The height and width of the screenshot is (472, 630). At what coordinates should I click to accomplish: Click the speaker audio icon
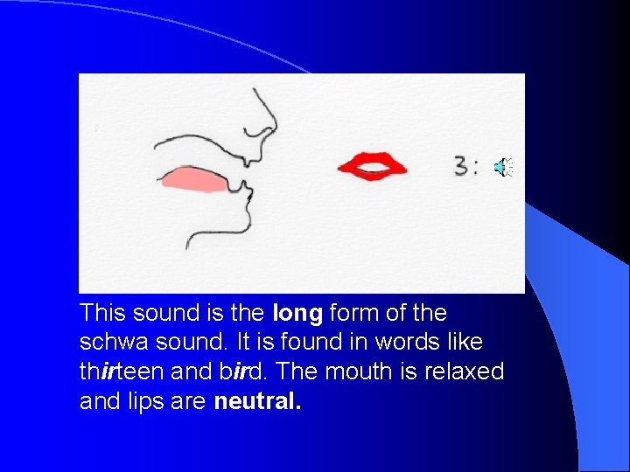click(x=505, y=167)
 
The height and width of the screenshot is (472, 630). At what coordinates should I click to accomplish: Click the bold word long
click(x=298, y=313)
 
